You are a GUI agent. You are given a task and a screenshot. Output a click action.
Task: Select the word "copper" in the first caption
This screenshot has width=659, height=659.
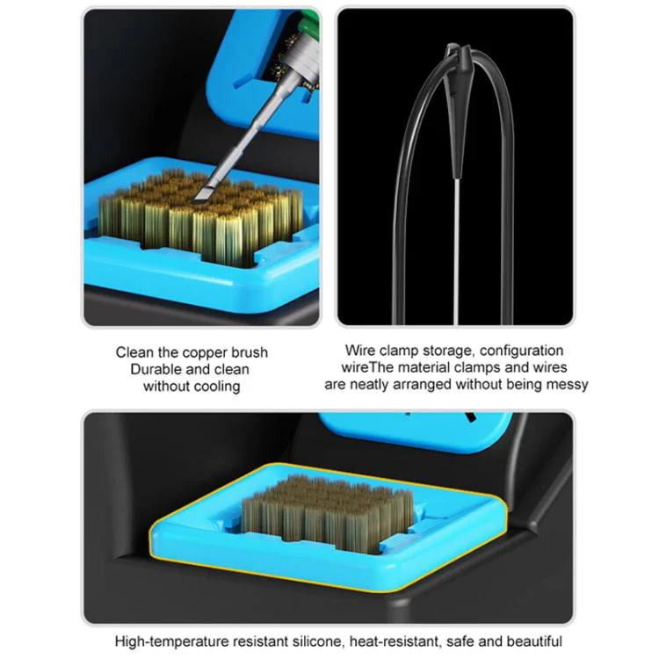click(x=204, y=352)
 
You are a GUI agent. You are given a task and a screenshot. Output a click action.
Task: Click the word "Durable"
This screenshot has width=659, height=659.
click(x=156, y=369)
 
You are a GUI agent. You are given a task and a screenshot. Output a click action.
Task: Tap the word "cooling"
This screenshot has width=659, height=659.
click(x=214, y=387)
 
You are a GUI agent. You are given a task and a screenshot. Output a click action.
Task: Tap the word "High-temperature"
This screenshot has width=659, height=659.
click(x=172, y=641)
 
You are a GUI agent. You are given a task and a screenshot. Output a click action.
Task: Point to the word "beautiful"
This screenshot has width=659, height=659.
click(x=534, y=641)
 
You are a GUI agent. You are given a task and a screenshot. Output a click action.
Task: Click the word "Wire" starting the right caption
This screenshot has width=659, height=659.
click(x=360, y=350)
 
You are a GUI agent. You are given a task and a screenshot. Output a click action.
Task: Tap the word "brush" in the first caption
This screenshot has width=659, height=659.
click(x=250, y=352)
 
